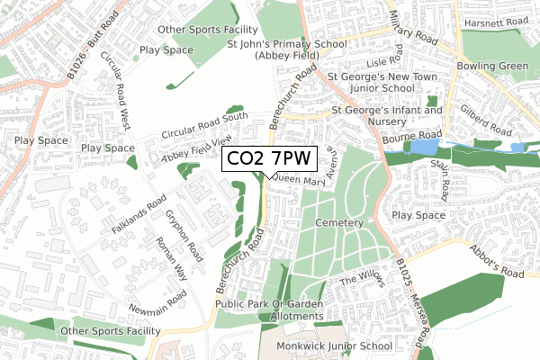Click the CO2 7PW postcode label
pos(268,158)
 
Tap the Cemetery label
pos(339,222)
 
